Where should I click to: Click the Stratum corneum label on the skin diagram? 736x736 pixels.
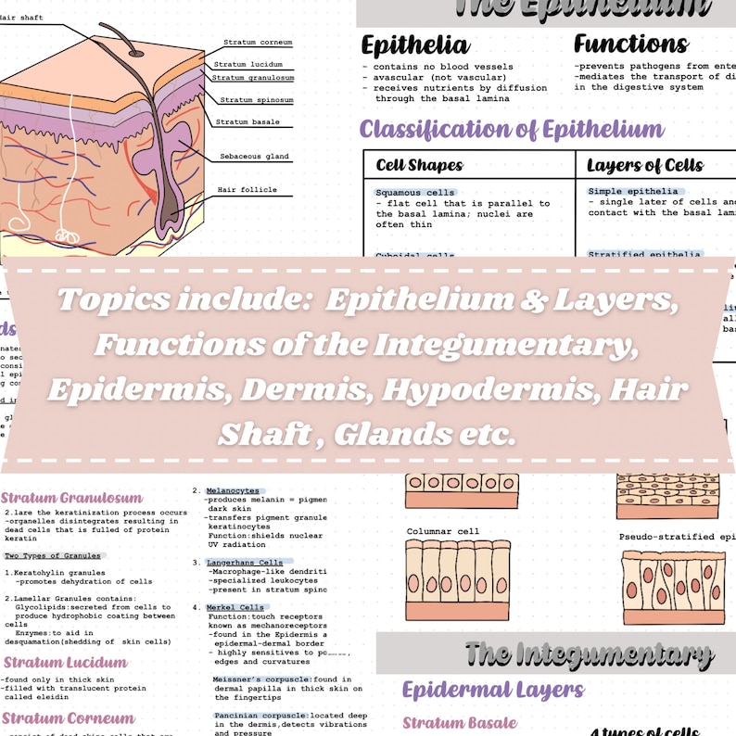click(x=255, y=43)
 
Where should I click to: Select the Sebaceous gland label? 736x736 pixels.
click(x=255, y=157)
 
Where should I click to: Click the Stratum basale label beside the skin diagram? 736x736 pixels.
click(x=248, y=121)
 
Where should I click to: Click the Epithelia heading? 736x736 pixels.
click(x=414, y=45)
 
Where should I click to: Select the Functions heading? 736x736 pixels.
click(x=630, y=44)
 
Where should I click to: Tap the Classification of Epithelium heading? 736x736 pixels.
click(x=512, y=129)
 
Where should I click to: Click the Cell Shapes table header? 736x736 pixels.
click(x=419, y=167)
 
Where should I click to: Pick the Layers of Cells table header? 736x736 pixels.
click(x=645, y=167)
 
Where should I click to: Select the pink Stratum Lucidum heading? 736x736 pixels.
click(x=65, y=663)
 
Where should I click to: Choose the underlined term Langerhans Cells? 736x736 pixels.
click(x=245, y=562)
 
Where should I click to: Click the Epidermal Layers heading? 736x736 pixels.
click(x=493, y=690)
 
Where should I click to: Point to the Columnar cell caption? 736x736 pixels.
click(x=443, y=532)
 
